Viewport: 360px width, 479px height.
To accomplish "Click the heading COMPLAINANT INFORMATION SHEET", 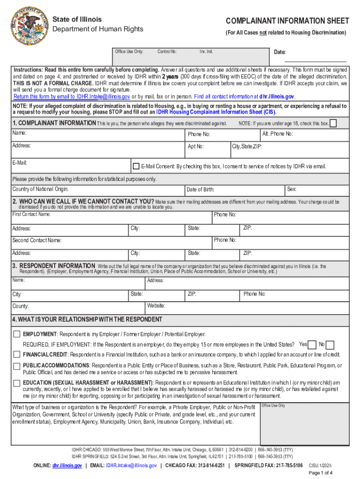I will (287, 21).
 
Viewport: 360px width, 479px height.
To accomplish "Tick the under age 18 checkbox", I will (333, 123).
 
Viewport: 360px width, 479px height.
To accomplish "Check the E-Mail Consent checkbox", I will (136, 166).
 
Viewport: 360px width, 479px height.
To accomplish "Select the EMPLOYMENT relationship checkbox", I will (17, 334).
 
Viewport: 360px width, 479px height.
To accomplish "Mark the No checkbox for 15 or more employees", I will (330, 345).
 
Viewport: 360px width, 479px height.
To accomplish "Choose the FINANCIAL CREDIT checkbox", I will (17, 355).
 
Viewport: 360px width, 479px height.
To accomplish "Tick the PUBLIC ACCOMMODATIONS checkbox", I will (17, 366).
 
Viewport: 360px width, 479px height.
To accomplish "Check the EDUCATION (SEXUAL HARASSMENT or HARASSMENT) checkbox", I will (17, 383).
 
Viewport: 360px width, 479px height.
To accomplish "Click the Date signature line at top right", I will (316, 61).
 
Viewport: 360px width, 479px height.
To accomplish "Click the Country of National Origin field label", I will (40, 189).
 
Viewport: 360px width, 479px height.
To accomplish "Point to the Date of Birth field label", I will (200, 189).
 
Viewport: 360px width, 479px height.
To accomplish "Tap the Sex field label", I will (291, 189).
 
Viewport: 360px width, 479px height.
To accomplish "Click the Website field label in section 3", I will (156, 305).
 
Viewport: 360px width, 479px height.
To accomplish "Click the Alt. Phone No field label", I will (277, 134).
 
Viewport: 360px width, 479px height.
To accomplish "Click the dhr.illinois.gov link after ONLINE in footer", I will (67, 465).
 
